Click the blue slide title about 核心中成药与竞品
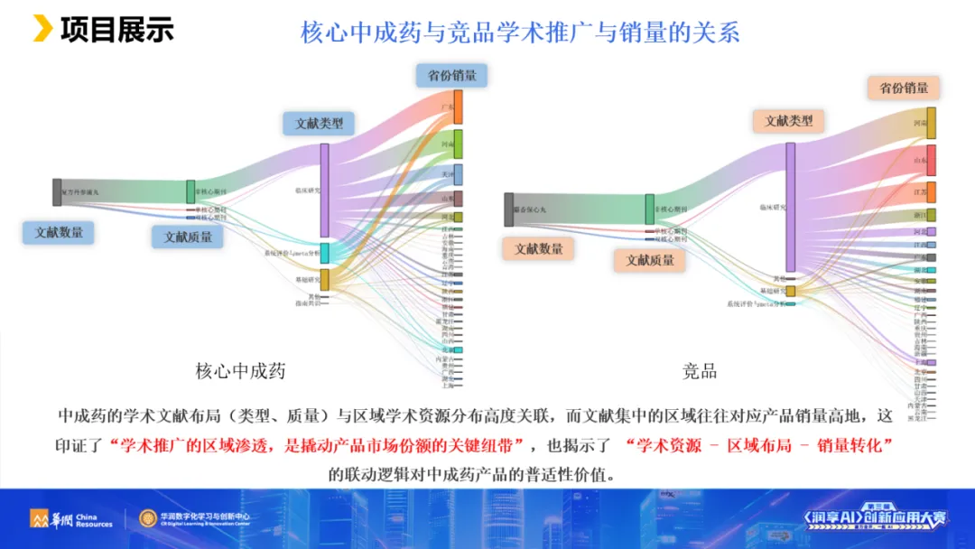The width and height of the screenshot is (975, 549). pyautogui.click(x=520, y=33)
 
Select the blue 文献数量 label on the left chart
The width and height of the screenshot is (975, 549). pyautogui.click(x=59, y=232)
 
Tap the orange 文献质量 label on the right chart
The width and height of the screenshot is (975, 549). pyautogui.click(x=650, y=260)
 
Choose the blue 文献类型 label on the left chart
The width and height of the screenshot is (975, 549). pyautogui.click(x=319, y=123)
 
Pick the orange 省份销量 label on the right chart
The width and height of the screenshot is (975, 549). pyautogui.click(x=904, y=88)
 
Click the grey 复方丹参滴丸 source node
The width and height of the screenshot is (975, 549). pyautogui.click(x=57, y=192)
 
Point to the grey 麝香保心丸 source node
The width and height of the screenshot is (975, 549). pyautogui.click(x=509, y=209)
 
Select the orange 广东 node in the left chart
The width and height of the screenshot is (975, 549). pyautogui.click(x=458, y=107)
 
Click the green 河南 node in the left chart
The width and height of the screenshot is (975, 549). pyautogui.click(x=458, y=144)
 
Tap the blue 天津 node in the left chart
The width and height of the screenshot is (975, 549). pyautogui.click(x=458, y=173)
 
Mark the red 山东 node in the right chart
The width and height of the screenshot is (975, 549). pyautogui.click(x=931, y=160)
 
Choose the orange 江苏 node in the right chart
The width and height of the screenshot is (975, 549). pyautogui.click(x=931, y=192)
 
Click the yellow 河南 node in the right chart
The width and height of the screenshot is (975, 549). pyautogui.click(x=931, y=123)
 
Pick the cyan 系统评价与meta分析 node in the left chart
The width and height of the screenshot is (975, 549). pyautogui.click(x=325, y=253)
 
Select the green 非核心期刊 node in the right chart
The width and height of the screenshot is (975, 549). pyautogui.click(x=649, y=209)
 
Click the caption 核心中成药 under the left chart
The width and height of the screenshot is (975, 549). pyautogui.click(x=240, y=370)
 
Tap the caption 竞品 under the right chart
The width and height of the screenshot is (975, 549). pyautogui.click(x=700, y=370)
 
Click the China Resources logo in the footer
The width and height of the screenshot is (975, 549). pyautogui.click(x=71, y=518)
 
